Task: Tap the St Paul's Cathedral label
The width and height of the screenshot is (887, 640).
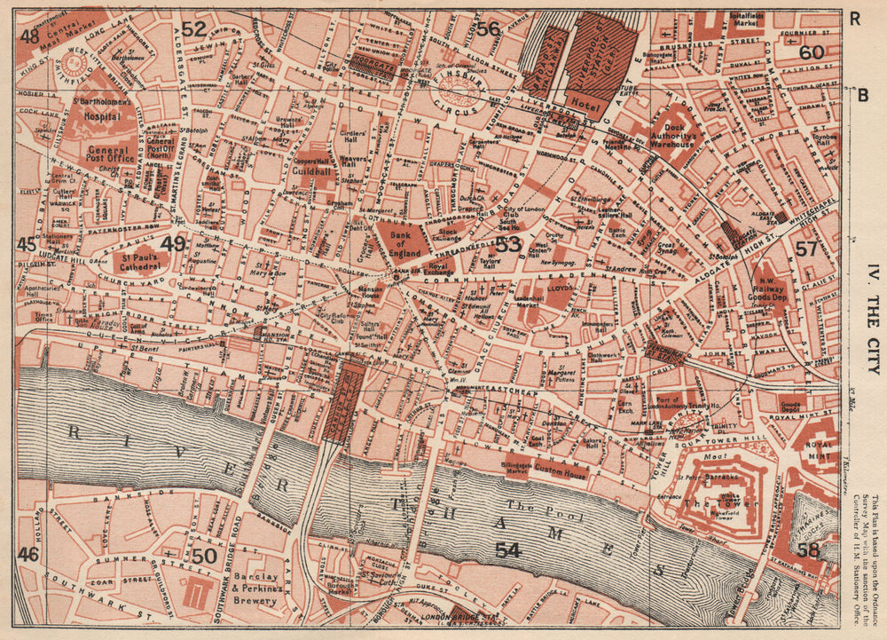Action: coord(140,260)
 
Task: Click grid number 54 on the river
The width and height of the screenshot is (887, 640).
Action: coord(507,550)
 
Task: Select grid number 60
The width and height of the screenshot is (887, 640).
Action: coord(811,52)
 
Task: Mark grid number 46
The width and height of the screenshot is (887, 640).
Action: coord(27,554)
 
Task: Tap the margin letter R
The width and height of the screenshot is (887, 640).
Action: coord(854,17)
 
